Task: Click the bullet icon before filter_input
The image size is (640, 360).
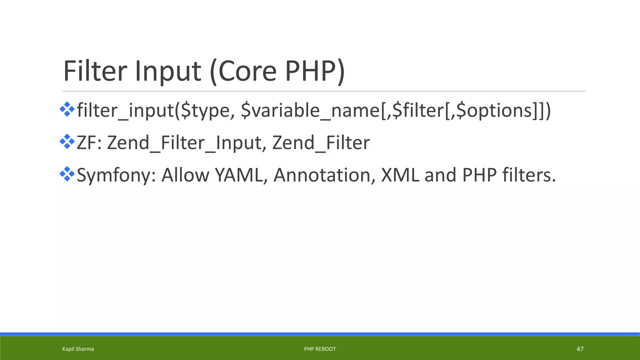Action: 67,109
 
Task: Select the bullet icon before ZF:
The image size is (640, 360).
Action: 67,142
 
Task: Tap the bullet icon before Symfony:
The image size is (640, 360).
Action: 67,174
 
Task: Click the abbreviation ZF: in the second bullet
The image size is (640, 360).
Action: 89,143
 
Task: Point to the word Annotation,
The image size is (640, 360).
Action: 324,175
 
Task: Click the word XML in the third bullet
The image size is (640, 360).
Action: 400,175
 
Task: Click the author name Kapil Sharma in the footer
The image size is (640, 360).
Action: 78,349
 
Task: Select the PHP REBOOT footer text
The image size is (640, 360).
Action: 320,349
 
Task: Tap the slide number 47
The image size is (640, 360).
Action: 580,349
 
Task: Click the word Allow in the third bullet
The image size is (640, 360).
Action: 185,175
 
